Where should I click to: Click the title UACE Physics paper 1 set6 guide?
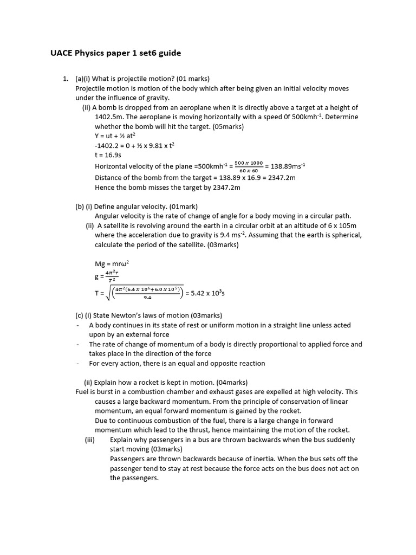(115, 53)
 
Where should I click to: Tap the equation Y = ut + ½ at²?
(115, 136)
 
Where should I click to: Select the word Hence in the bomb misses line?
(105, 187)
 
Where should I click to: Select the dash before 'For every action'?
(79, 364)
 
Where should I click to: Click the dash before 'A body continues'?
(79, 325)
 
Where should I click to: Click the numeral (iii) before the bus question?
(90, 440)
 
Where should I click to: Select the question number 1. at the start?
(66, 79)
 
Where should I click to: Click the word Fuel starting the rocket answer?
(83, 392)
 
